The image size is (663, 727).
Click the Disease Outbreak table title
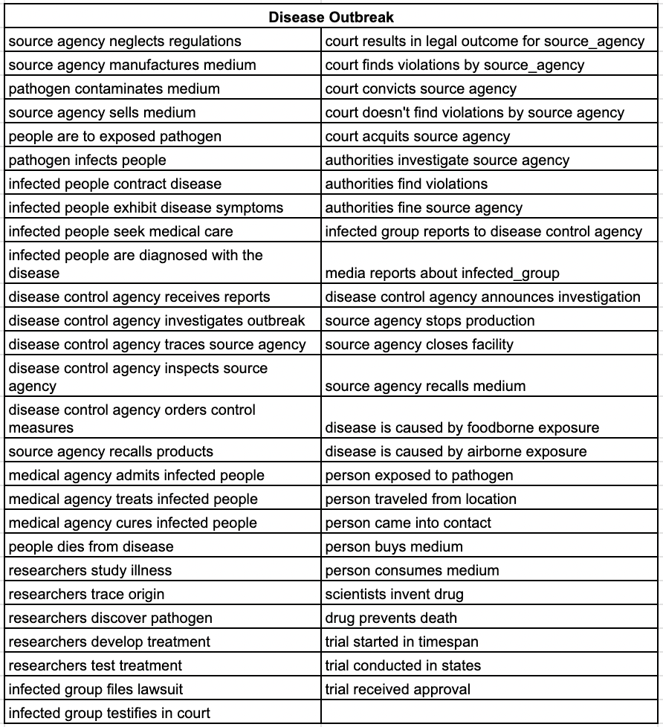pyautogui.click(x=331, y=17)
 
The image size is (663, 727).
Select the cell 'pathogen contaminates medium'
pyautogui.click(x=114, y=89)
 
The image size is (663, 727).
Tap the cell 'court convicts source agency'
pyautogui.click(x=421, y=89)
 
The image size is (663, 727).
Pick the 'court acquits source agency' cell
pyautogui.click(x=418, y=137)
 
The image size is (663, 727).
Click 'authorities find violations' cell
pyautogui.click(x=407, y=184)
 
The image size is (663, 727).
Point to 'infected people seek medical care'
pyautogui.click(x=120, y=232)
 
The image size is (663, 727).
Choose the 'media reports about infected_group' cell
pyautogui.click(x=442, y=273)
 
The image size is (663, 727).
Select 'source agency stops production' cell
pyautogui.click(x=430, y=321)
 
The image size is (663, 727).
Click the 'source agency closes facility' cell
pyautogui.click(x=419, y=345)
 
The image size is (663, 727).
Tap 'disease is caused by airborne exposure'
pyautogui.click(x=456, y=452)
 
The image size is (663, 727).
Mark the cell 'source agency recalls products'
pyautogui.click(x=111, y=452)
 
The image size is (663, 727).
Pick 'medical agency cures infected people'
pyautogui.click(x=133, y=523)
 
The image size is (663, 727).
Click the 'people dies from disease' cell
pyautogui.click(x=91, y=547)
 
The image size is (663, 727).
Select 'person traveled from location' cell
pyautogui.click(x=421, y=500)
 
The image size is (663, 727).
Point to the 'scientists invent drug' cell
pyautogui.click(x=394, y=595)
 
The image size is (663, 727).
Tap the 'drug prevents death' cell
pyautogui.click(x=391, y=618)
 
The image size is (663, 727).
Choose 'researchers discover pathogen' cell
pyautogui.click(x=110, y=618)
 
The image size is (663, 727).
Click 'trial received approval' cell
pyautogui.click(x=398, y=690)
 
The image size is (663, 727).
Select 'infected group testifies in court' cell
pyautogui.click(x=109, y=714)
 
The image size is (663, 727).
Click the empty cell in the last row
pyautogui.click(x=491, y=714)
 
